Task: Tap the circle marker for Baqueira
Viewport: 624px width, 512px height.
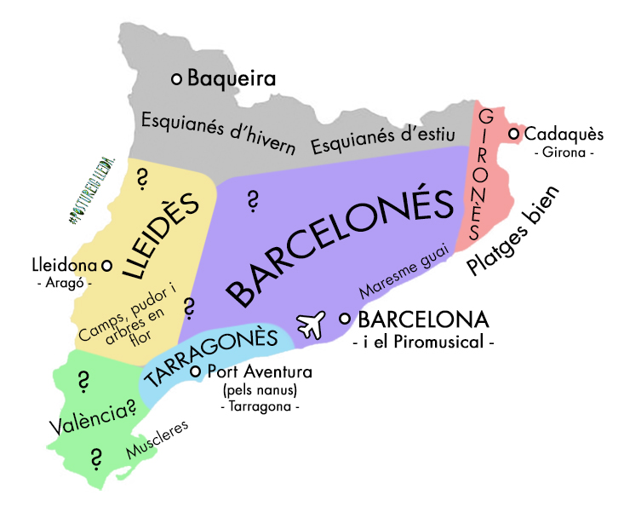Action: pyautogui.click(x=177, y=78)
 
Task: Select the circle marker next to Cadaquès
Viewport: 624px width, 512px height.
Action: pyautogui.click(x=514, y=134)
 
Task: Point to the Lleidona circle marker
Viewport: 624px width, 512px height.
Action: pyautogui.click(x=107, y=264)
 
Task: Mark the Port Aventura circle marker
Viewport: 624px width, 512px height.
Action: pyautogui.click(x=196, y=372)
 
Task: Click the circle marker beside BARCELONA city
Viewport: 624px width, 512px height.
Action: pyautogui.click(x=345, y=319)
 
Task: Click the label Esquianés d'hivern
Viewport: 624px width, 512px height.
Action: pyautogui.click(x=219, y=132)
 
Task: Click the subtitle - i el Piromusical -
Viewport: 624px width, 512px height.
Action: pyautogui.click(x=423, y=342)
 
